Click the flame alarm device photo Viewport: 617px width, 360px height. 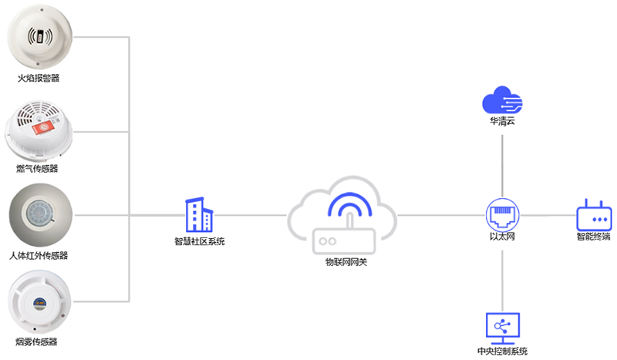click(40, 36)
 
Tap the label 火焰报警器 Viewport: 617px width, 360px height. click(38, 78)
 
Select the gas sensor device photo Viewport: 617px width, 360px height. click(39, 131)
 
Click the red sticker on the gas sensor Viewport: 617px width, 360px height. click(43, 127)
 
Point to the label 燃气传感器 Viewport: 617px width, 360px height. click(37, 168)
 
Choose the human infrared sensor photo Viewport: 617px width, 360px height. click(41, 215)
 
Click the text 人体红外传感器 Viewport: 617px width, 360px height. click(39, 256)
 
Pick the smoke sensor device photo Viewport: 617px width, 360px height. click(40, 301)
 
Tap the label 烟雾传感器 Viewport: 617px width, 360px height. click(36, 341)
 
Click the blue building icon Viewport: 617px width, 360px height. click(199, 214)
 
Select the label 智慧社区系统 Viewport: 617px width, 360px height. click(200, 241)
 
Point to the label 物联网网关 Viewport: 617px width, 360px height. click(346, 262)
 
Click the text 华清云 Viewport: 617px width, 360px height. click(502, 121)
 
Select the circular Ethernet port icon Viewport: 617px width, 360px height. click(503, 215)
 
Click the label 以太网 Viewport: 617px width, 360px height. click(502, 236)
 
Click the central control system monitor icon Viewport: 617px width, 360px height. click(503, 328)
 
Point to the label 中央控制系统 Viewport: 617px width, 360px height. click(503, 351)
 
